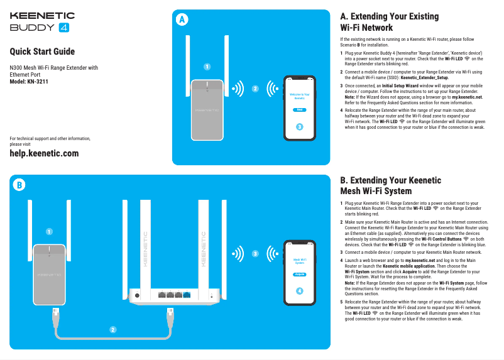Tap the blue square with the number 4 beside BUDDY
pos(63,28)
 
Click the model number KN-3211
pos(35,82)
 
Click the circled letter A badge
pos(182,19)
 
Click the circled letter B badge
pos(19,185)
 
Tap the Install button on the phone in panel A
pos(300,109)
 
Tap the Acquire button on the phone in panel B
pos(300,275)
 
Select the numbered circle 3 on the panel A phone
pos(300,127)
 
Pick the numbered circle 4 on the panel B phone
pos(300,291)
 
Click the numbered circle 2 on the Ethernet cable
pos(112,329)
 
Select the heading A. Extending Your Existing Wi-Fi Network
pos(389,22)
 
